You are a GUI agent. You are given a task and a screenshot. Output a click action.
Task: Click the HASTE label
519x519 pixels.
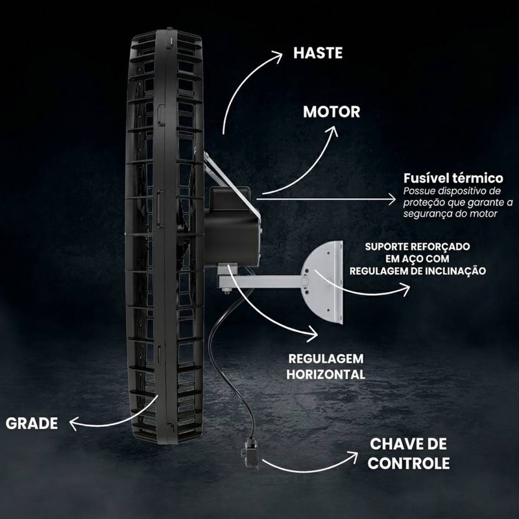click(318, 53)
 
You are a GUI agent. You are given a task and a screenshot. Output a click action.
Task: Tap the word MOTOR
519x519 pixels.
click(332, 112)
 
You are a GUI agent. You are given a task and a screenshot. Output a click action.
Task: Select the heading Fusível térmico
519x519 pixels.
click(453, 178)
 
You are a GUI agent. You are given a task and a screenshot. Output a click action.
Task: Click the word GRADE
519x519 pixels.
click(32, 424)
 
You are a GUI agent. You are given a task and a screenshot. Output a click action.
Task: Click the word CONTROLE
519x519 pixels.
click(409, 463)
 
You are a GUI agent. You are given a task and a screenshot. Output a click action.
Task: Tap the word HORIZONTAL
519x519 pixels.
click(326, 374)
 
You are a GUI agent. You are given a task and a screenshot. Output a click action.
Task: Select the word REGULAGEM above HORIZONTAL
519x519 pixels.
click(326, 359)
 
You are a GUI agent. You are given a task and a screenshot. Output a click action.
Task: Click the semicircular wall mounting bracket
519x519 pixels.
click(322, 282)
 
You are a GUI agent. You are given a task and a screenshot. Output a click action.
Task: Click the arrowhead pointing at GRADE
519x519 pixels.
click(73, 424)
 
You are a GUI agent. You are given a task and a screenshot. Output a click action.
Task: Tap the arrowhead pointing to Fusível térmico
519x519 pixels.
click(392, 199)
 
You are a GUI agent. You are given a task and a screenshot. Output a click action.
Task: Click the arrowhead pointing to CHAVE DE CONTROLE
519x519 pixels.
click(353, 457)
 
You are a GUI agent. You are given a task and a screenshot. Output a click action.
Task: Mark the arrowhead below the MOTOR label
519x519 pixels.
click(332, 131)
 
